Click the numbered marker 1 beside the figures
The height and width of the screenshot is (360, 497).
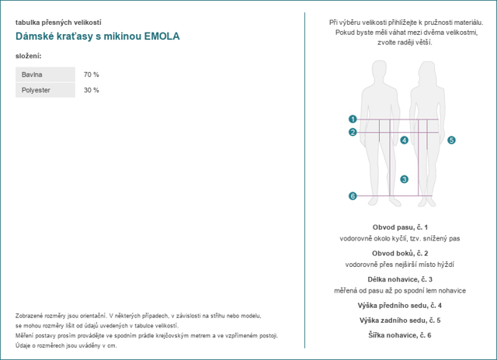point(353,119)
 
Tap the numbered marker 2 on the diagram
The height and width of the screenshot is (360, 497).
point(353,133)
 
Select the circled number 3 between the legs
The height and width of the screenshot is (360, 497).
point(404,179)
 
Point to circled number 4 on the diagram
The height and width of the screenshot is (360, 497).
point(404,140)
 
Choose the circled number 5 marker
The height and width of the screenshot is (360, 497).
point(451,140)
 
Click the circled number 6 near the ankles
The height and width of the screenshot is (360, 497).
point(353,196)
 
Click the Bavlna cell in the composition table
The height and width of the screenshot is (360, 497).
point(45,74)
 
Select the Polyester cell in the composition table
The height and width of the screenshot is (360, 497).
point(45,90)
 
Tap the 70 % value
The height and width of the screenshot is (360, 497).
point(92,74)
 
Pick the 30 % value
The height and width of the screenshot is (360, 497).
point(92,90)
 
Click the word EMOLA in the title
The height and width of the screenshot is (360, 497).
point(162,36)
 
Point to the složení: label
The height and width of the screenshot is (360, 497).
point(29,56)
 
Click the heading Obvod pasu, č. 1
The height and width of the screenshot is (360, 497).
point(400,227)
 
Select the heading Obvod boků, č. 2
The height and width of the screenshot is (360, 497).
point(400,253)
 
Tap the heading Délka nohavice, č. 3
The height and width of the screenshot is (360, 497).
point(400,279)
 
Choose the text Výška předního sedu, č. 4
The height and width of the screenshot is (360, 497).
point(400,306)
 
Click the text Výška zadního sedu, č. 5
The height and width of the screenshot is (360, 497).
point(400,320)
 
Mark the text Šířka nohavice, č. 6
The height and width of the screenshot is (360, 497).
point(400,335)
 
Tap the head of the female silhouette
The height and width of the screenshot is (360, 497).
point(427,73)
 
